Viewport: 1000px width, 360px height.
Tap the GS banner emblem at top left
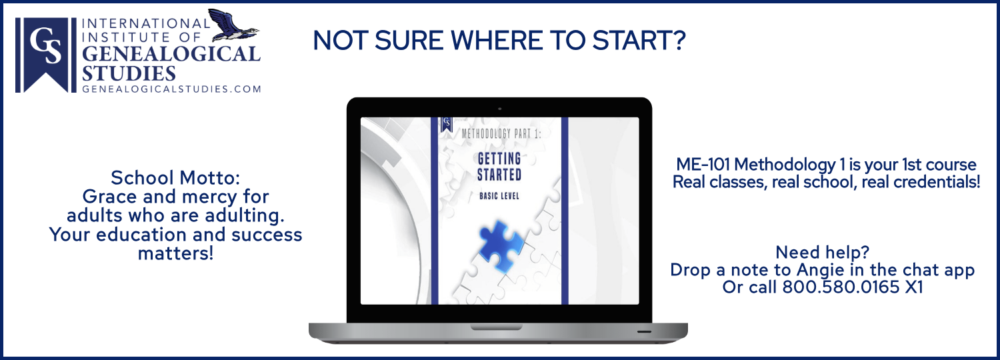pyautogui.click(x=45, y=55)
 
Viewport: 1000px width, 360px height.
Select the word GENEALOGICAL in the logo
pyautogui.click(x=171, y=54)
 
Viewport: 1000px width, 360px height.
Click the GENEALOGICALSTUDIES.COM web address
pyautogui.click(x=171, y=89)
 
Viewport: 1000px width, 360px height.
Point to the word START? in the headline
pyautogui.click(x=639, y=41)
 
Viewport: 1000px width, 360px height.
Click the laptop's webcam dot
pyautogui.click(x=499, y=109)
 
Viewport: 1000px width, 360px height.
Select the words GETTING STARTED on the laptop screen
pyautogui.click(x=499, y=167)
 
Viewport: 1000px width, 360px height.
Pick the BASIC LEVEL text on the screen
pyautogui.click(x=499, y=196)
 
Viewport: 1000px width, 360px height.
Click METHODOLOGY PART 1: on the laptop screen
pyautogui.click(x=501, y=133)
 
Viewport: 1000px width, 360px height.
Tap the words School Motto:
pyautogui.click(x=175, y=178)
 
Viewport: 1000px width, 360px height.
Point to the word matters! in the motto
pyautogui.click(x=175, y=253)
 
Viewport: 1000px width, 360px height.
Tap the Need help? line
pyautogui.click(x=822, y=253)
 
